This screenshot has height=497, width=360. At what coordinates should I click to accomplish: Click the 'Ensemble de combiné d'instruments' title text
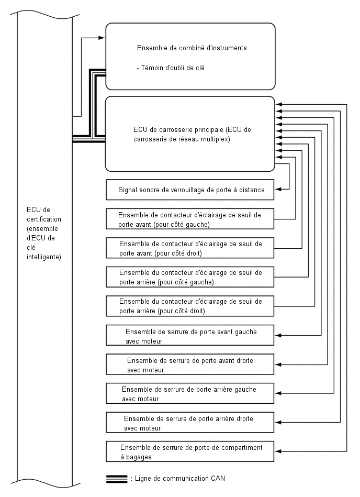click(x=192, y=48)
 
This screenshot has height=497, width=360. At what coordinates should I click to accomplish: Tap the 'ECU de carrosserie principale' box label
click(x=192, y=134)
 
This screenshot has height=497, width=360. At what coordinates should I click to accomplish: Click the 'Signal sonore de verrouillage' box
click(x=190, y=190)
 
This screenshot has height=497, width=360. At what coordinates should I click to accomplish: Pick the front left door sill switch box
click(x=190, y=219)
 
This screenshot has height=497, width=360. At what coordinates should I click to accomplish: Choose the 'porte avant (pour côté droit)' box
click(x=190, y=248)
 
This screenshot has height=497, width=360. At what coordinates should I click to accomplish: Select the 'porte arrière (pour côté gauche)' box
click(x=190, y=277)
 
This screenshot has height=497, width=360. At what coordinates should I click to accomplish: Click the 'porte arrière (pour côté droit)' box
click(x=190, y=306)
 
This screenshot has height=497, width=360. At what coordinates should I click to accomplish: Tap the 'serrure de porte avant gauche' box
click(x=190, y=335)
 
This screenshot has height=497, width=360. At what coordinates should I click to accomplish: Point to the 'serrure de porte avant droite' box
click(x=190, y=364)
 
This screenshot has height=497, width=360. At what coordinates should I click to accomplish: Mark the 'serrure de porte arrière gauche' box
click(x=190, y=393)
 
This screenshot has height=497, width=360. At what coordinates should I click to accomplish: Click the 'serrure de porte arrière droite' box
click(x=190, y=422)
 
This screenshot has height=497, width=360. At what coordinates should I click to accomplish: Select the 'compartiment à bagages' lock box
click(x=190, y=451)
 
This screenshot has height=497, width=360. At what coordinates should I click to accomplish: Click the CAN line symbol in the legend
click(x=117, y=479)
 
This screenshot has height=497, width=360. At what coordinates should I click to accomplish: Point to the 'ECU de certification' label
click(x=44, y=233)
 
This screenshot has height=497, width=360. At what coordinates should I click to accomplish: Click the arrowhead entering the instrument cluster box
click(x=102, y=38)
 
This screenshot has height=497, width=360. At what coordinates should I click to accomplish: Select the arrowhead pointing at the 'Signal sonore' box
click(x=278, y=190)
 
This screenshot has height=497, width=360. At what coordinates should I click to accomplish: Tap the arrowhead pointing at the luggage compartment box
click(x=278, y=451)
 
